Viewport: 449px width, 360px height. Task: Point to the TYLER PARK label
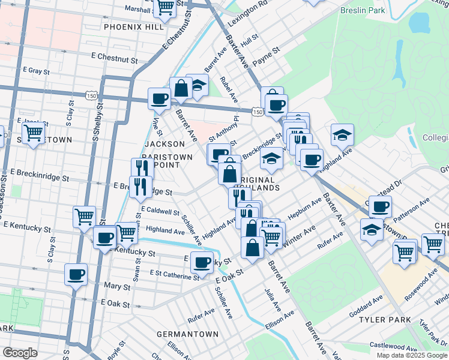pyautogui.click(x=385, y=320)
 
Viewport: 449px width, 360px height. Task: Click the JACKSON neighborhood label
pyautogui.click(x=164, y=144)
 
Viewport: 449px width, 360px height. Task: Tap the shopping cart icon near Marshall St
pyautogui.click(x=164, y=8)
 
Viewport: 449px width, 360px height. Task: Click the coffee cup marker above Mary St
pyautogui.click(x=76, y=275)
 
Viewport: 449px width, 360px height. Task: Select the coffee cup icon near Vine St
pyautogui.click(x=159, y=98)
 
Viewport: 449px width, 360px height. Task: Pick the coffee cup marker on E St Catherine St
pyautogui.click(x=202, y=262)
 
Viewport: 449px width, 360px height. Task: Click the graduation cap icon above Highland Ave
pyautogui.click(x=342, y=135)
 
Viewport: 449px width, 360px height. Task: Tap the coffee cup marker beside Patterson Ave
pyautogui.click(x=379, y=207)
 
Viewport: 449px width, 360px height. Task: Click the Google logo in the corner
pyautogui.click(x=20, y=353)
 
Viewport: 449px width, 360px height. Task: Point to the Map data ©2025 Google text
pyautogui.click(x=412, y=355)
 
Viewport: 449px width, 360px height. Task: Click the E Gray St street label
pyautogui.click(x=37, y=70)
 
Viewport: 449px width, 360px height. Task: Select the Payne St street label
pyautogui.click(x=267, y=54)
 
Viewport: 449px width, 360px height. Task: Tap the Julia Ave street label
pyautogui.click(x=273, y=300)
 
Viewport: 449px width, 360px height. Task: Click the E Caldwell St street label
pyautogui.click(x=160, y=212)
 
